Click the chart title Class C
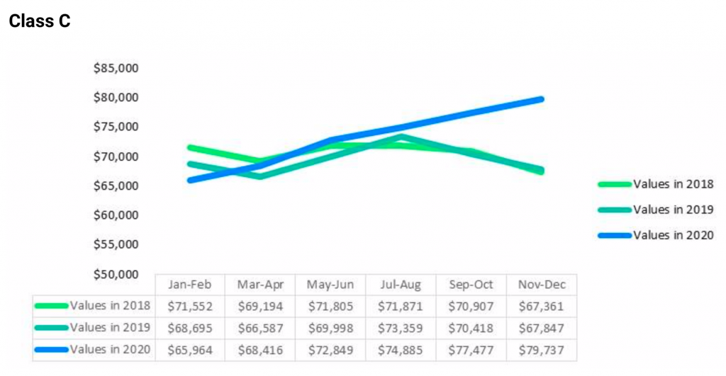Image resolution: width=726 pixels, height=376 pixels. pos(40,21)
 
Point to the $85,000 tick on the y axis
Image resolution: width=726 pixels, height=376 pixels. pos(116,69)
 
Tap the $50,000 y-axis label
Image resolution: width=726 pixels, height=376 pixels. pos(116,274)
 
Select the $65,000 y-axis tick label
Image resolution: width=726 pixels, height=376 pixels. pos(116,186)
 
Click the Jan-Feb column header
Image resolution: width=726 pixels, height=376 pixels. pos(190,285)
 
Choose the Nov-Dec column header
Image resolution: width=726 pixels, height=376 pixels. pos(541,285)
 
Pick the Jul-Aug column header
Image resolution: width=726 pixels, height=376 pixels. pos(401,285)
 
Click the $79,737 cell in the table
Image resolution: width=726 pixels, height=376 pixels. pos(541,350)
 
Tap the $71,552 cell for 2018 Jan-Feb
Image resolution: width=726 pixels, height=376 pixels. pos(190,307)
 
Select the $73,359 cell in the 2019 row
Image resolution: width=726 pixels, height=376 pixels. pos(401,328)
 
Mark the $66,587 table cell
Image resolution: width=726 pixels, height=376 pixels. pos(260,328)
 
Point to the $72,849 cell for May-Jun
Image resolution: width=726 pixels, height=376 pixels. pos(330,350)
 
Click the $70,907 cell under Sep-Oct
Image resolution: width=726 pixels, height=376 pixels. pos(471,307)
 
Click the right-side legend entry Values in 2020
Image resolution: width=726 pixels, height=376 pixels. pos(673,235)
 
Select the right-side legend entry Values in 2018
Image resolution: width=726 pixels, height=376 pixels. pos(673,184)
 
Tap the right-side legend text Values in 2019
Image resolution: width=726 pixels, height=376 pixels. pos(673,210)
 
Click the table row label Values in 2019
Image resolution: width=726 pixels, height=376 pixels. pos(110,328)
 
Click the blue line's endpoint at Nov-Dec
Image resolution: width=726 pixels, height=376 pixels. pos(541,99)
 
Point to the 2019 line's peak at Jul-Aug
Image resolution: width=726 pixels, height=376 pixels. pos(401,137)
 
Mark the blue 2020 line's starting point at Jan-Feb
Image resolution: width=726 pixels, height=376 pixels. pos(190,180)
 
